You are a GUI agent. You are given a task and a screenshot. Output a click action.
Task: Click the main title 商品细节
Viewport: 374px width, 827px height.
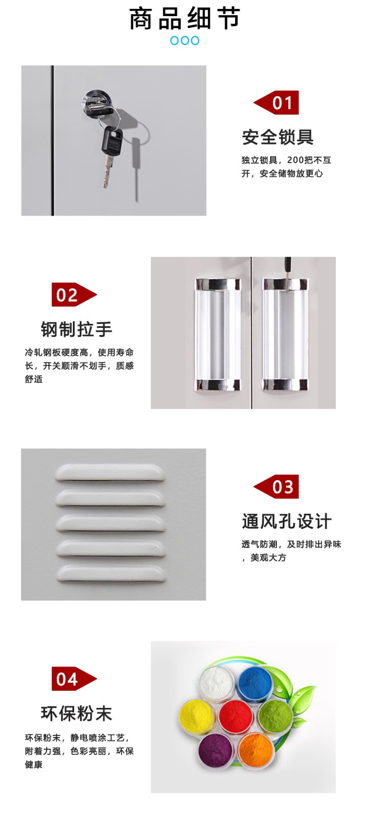pos(185,19)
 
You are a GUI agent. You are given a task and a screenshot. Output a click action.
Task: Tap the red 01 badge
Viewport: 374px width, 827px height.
pos(276,103)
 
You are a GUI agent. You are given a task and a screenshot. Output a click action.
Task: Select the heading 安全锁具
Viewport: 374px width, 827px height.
pos(278,137)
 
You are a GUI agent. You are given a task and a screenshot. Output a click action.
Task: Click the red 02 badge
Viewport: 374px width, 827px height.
pos(74,295)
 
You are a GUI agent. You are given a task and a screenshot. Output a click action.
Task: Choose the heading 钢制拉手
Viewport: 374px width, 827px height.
pos(76,329)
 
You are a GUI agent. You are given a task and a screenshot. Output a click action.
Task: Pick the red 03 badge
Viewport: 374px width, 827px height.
pos(276,487)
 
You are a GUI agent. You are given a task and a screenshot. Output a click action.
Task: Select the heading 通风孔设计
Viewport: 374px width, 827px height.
pos(287,521)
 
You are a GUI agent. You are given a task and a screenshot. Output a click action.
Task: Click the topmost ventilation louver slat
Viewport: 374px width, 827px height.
pos(110,473)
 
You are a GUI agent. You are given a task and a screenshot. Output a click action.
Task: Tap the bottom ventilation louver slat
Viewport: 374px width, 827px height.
pos(111,574)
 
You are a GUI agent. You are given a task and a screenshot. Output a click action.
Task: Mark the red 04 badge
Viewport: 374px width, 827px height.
pos(74,679)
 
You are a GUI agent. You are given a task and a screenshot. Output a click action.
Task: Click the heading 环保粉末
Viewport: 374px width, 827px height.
pos(76,713)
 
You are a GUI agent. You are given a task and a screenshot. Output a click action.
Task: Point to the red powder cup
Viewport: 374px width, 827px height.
pos(236,716)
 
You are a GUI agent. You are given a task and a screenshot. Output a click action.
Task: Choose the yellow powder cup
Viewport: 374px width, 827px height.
pos(196,717)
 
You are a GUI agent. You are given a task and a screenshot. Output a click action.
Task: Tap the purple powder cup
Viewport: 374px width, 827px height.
pos(216,749)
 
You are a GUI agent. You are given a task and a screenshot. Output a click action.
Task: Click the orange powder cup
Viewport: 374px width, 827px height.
pos(255,749)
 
